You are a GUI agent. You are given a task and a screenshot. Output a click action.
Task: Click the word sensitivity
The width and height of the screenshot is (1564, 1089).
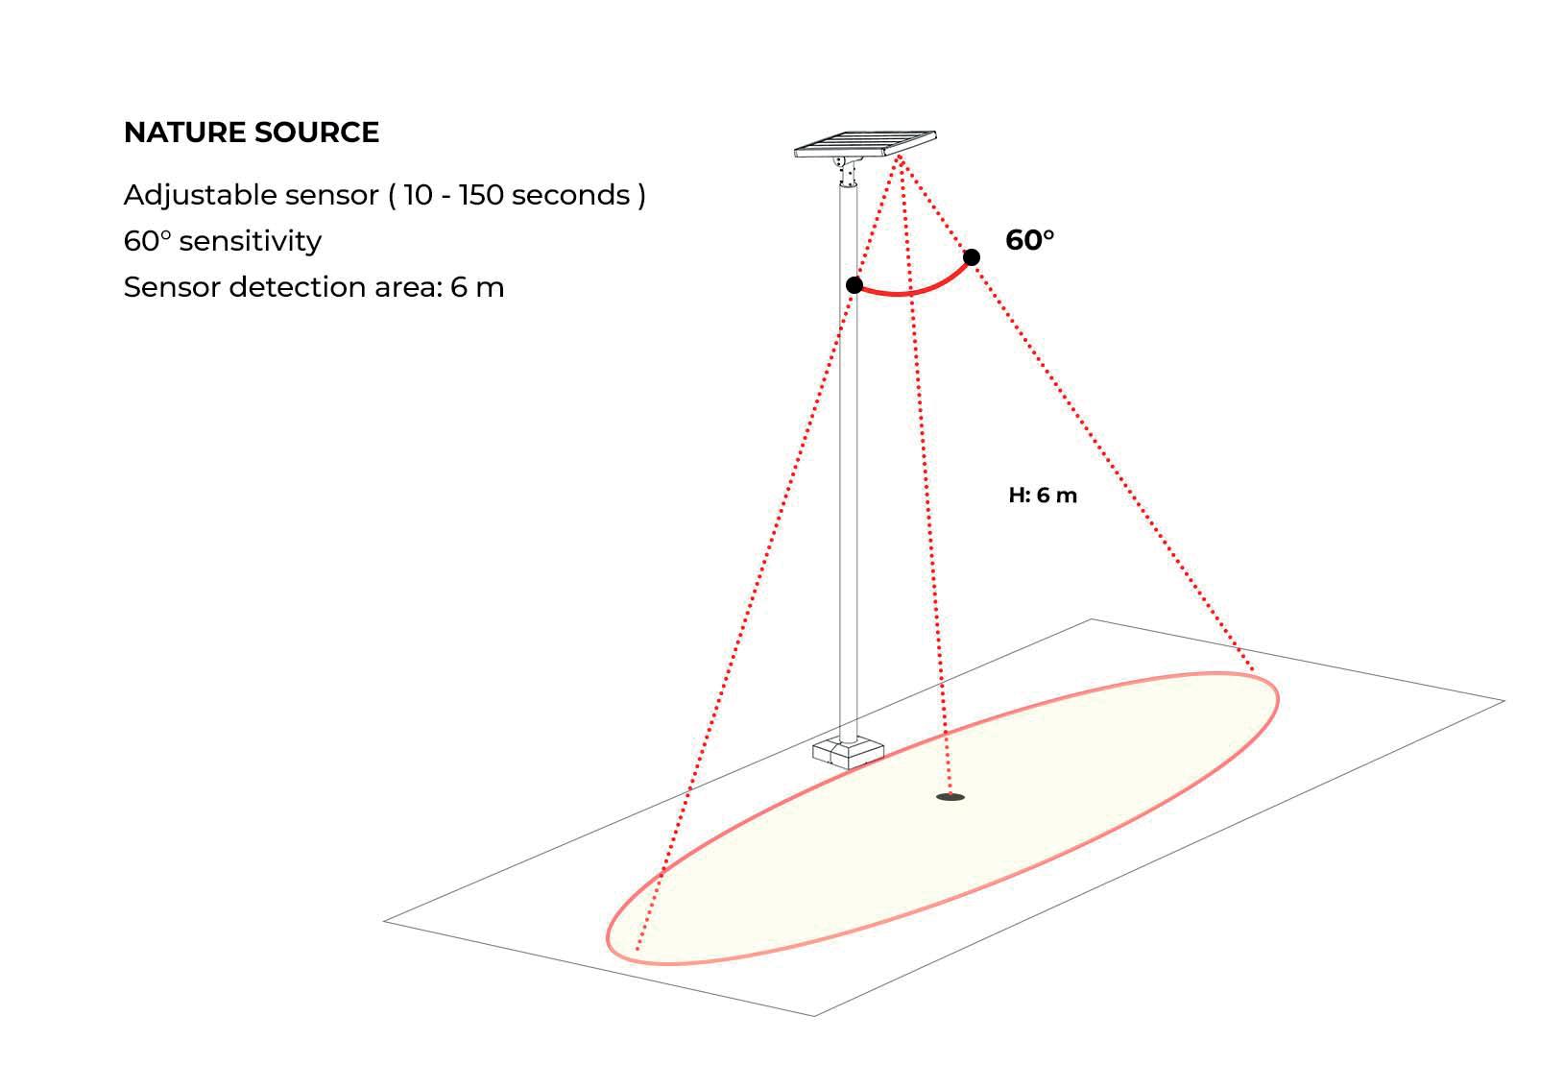(250, 241)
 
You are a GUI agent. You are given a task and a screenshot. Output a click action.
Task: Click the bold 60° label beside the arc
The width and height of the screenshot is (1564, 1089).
(1029, 240)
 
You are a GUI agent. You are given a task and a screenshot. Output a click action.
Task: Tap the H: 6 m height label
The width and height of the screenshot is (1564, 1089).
(1043, 496)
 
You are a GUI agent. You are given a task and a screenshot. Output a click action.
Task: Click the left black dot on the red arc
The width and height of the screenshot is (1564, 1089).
(854, 285)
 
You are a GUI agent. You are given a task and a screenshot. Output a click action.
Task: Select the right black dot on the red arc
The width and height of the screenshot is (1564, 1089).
(972, 257)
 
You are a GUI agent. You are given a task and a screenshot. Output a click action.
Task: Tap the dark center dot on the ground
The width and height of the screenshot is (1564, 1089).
(950, 797)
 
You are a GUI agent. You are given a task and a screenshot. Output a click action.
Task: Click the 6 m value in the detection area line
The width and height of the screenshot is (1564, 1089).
(476, 287)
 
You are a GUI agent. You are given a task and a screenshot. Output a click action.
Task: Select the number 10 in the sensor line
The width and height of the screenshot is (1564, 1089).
(418, 195)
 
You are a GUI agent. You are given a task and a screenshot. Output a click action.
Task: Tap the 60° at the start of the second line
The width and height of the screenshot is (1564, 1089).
(146, 241)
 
